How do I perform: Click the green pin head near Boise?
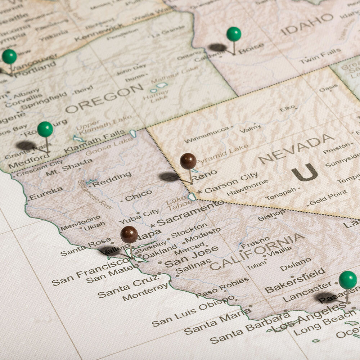[234, 34]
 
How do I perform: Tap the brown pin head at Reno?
[188, 161]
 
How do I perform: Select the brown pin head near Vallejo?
[129, 234]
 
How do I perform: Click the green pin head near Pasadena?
[348, 280]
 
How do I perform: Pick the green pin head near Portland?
[9, 57]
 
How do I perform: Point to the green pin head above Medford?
[45, 129]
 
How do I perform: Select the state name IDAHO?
[307, 24]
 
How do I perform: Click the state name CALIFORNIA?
[257, 251]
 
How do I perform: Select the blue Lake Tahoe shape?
[192, 197]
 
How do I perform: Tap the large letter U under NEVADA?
[304, 172]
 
